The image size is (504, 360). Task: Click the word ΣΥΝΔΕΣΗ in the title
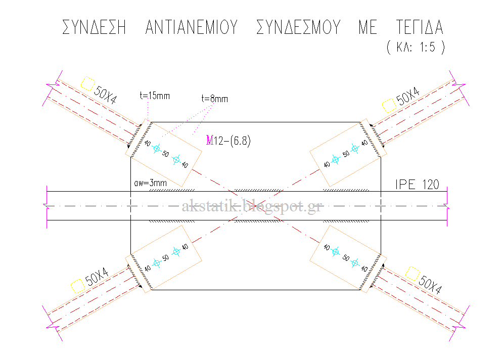(94, 27)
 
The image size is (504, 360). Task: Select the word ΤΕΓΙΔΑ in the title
(420, 27)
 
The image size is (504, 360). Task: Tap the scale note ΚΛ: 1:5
(416, 47)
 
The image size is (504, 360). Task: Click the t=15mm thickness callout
(155, 96)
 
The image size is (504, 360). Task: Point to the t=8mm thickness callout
(215, 99)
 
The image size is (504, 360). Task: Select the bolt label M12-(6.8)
(228, 141)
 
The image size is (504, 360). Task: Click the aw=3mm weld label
(151, 183)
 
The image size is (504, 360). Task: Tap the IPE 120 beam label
(417, 185)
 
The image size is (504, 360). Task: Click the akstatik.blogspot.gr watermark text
(252, 206)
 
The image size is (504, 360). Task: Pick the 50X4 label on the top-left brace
(105, 95)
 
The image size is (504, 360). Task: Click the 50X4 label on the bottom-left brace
(97, 277)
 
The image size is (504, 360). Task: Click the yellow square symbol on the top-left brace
(87, 83)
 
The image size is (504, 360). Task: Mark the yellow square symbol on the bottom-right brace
(413, 274)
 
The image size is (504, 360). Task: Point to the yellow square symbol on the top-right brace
(389, 106)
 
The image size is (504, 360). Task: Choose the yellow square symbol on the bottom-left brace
(78, 286)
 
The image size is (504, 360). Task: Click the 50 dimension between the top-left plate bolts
(165, 154)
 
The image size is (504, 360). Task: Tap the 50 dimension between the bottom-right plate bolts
(346, 258)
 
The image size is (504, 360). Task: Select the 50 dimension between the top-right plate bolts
(346, 154)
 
